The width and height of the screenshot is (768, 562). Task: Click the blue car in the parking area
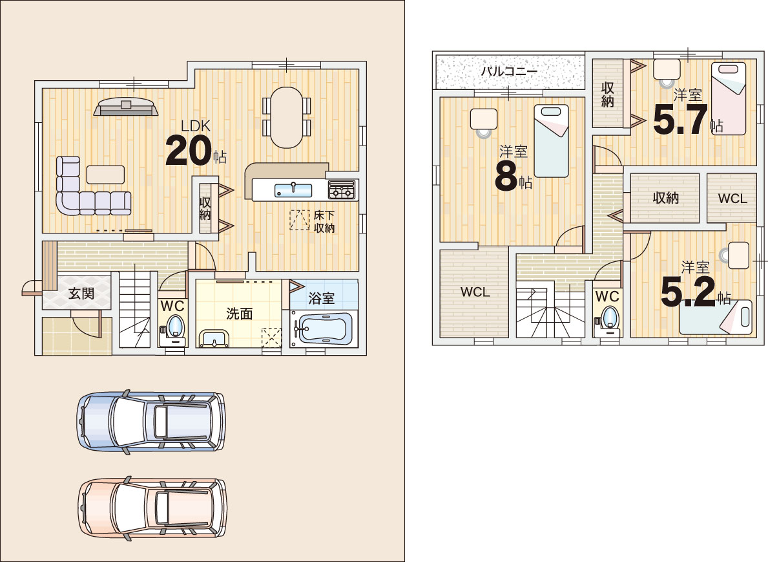(151, 421)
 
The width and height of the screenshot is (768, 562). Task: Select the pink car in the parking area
(152, 508)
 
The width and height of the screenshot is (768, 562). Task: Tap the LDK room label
(196, 126)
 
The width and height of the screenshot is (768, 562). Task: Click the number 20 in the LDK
(189, 151)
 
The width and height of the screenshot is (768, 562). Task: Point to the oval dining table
(287, 117)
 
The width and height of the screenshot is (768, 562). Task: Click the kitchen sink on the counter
(293, 189)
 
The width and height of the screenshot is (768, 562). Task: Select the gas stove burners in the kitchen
(342, 189)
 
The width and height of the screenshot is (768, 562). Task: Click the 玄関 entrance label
(81, 293)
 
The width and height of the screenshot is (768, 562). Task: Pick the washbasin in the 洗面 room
(214, 339)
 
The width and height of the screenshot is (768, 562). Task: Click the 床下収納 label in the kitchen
(324, 221)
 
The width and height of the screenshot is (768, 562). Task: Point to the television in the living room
(126, 107)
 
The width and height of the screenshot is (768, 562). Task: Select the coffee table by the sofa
(105, 175)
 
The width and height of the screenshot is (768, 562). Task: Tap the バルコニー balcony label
(509, 71)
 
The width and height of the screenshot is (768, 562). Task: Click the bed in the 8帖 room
(551, 141)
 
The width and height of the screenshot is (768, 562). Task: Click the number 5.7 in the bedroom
(680, 120)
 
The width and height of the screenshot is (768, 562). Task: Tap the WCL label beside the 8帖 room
(475, 292)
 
